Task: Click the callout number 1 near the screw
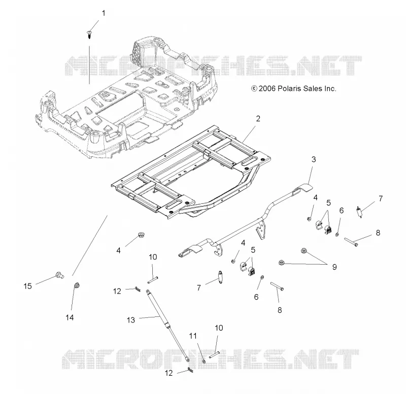(104, 13)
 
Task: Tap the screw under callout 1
(89, 34)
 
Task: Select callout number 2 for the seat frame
(258, 119)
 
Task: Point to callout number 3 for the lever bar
(314, 159)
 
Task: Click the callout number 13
(131, 320)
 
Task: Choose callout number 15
(27, 286)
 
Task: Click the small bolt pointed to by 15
(59, 275)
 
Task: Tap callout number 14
(70, 317)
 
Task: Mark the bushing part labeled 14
(77, 286)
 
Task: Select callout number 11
(193, 336)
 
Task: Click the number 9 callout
(334, 267)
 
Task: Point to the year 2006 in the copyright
(267, 88)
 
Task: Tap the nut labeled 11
(204, 361)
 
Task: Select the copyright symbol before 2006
(254, 88)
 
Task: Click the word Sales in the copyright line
(312, 88)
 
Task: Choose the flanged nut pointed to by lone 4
(142, 235)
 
